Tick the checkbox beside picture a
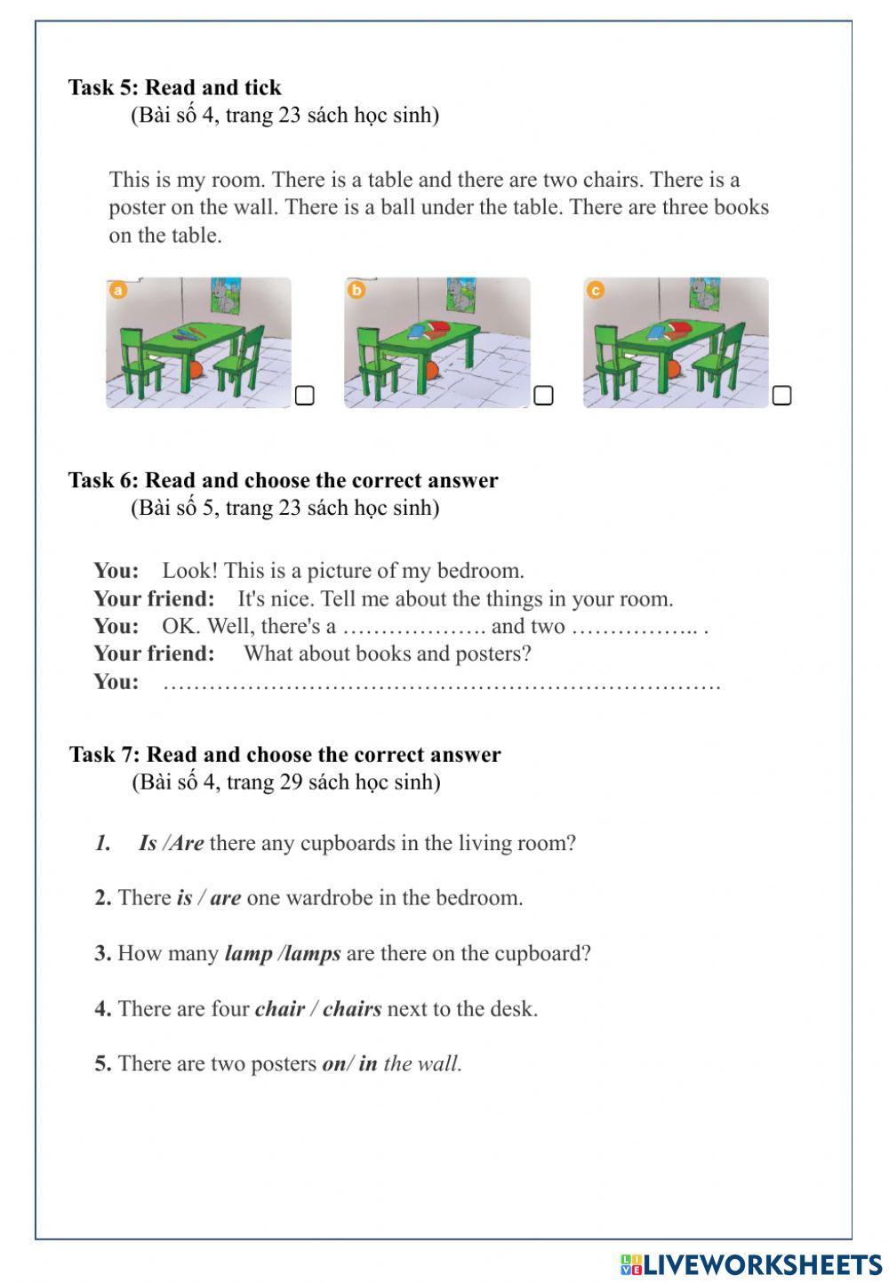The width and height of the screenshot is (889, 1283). (x=304, y=395)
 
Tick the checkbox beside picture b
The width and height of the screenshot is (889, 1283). (x=543, y=395)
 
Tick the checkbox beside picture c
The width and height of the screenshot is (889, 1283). (x=781, y=395)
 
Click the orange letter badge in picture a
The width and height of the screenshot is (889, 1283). (x=117, y=290)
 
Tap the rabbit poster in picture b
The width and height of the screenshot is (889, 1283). (x=460, y=295)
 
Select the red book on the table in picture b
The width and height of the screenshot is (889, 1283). (x=440, y=331)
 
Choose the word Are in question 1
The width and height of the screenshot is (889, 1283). (x=187, y=843)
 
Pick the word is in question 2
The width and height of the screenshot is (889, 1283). (x=184, y=898)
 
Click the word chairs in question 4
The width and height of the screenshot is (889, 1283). (x=352, y=1009)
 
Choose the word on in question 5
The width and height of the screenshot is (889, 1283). (x=333, y=1063)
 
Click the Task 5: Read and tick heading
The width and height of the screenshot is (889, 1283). (x=175, y=87)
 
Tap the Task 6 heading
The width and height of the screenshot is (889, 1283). (x=283, y=480)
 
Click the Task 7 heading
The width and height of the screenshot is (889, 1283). (x=284, y=755)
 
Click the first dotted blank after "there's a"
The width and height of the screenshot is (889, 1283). (x=413, y=628)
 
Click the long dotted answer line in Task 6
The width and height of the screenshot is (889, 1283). (x=442, y=684)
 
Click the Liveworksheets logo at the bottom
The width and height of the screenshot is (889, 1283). (x=751, y=1264)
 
